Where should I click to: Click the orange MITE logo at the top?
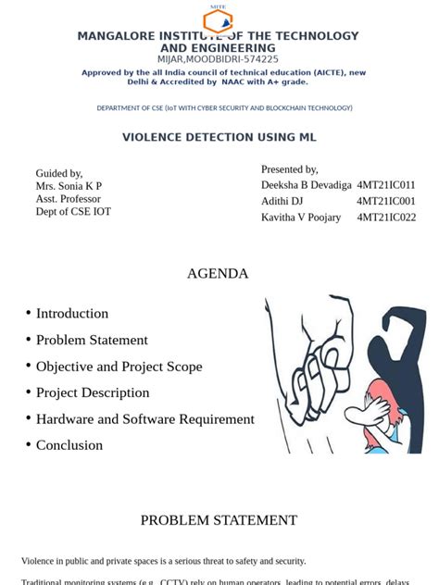tap(218, 19)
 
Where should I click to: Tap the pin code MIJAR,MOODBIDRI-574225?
tap(218, 59)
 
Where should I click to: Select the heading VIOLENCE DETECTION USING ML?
tap(219, 137)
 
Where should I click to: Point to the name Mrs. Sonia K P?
tap(69, 186)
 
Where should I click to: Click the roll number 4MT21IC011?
tap(386, 185)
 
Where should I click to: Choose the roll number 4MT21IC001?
tap(386, 201)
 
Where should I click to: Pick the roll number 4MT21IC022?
tap(386, 218)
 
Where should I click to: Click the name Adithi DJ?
tap(282, 201)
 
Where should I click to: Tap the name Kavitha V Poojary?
tap(301, 218)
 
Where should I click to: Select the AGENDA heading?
tap(218, 273)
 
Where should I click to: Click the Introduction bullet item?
tap(72, 313)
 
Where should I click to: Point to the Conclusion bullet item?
tap(69, 445)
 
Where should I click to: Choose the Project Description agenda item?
tap(93, 392)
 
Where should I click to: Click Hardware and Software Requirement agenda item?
tap(144, 418)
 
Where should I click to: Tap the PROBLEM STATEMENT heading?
tap(219, 520)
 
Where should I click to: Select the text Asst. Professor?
tap(69, 199)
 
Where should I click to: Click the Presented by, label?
tap(289, 169)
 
